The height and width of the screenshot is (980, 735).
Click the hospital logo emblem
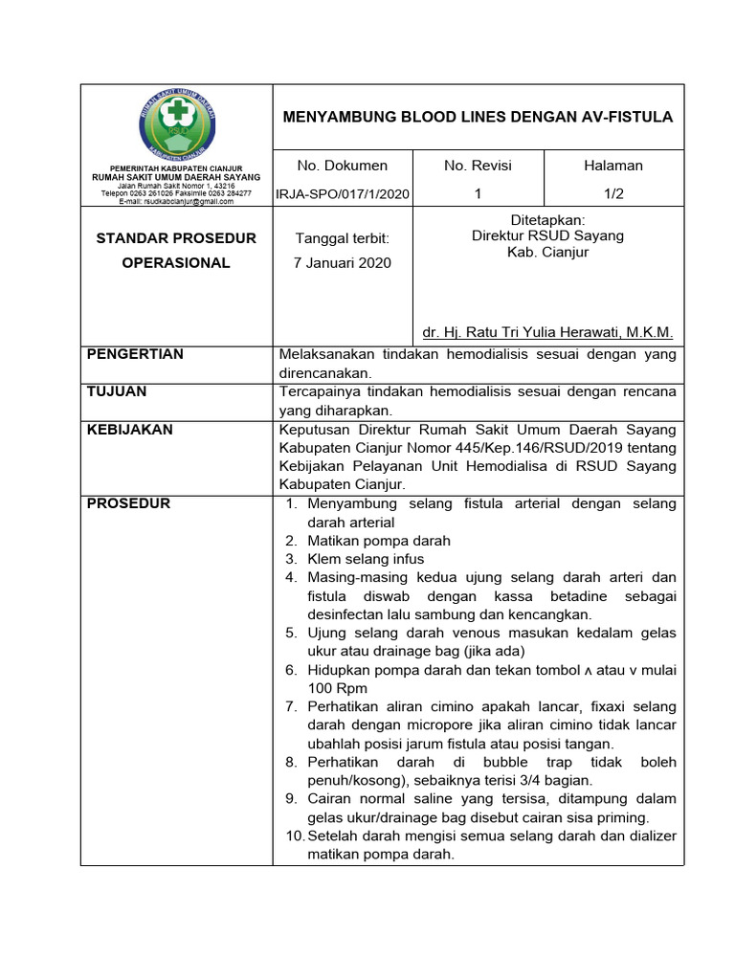pyautogui.click(x=177, y=124)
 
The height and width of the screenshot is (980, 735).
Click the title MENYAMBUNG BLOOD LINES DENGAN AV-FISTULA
pyautogui.click(x=478, y=117)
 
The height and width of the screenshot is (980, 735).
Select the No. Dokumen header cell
pyautogui.click(x=342, y=166)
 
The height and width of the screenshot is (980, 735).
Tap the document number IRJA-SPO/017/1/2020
pyautogui.click(x=343, y=194)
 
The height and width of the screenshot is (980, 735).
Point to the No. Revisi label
pyautogui.click(x=479, y=166)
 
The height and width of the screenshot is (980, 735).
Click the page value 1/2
pyautogui.click(x=613, y=193)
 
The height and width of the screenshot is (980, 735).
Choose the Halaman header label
pyautogui.click(x=613, y=166)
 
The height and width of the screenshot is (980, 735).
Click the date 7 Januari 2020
pyautogui.click(x=343, y=263)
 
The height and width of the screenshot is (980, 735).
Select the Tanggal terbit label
pyautogui.click(x=343, y=238)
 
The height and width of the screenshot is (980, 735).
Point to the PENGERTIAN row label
pyautogui.click(x=135, y=354)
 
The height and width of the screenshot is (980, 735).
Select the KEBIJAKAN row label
pyautogui.click(x=130, y=430)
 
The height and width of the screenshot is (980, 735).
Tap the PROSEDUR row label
pyautogui.click(x=128, y=503)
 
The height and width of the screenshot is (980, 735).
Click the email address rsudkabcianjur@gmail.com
pyautogui.click(x=177, y=203)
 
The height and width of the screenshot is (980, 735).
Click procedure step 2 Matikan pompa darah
pyautogui.click(x=378, y=541)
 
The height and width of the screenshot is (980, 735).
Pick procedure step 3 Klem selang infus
pyautogui.click(x=365, y=559)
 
